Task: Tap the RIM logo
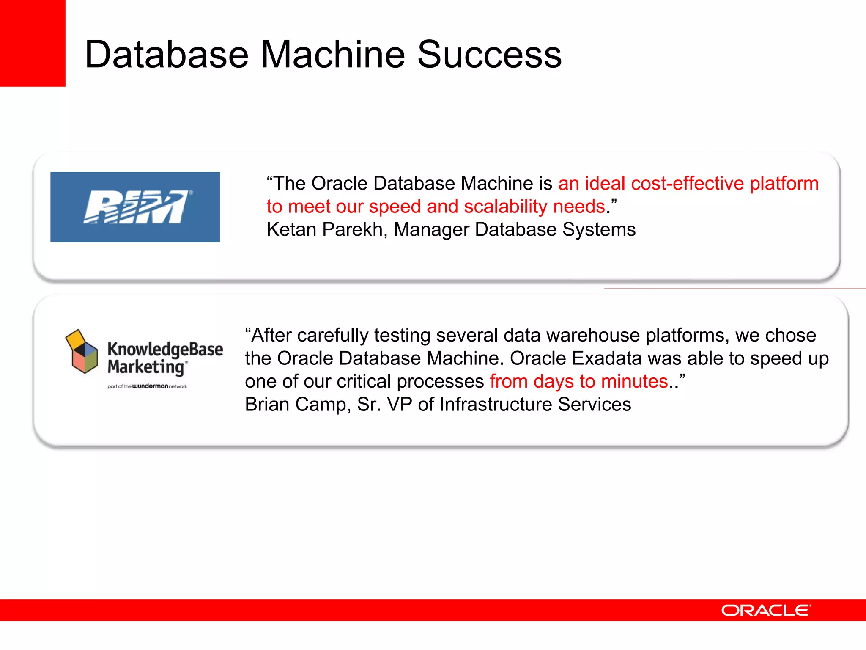pyautogui.click(x=135, y=207)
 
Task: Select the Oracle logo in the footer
pyautogui.click(x=766, y=610)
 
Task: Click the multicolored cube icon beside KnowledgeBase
pyautogui.click(x=81, y=351)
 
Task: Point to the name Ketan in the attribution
pyautogui.click(x=291, y=230)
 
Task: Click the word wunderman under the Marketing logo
pyautogui.click(x=150, y=386)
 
